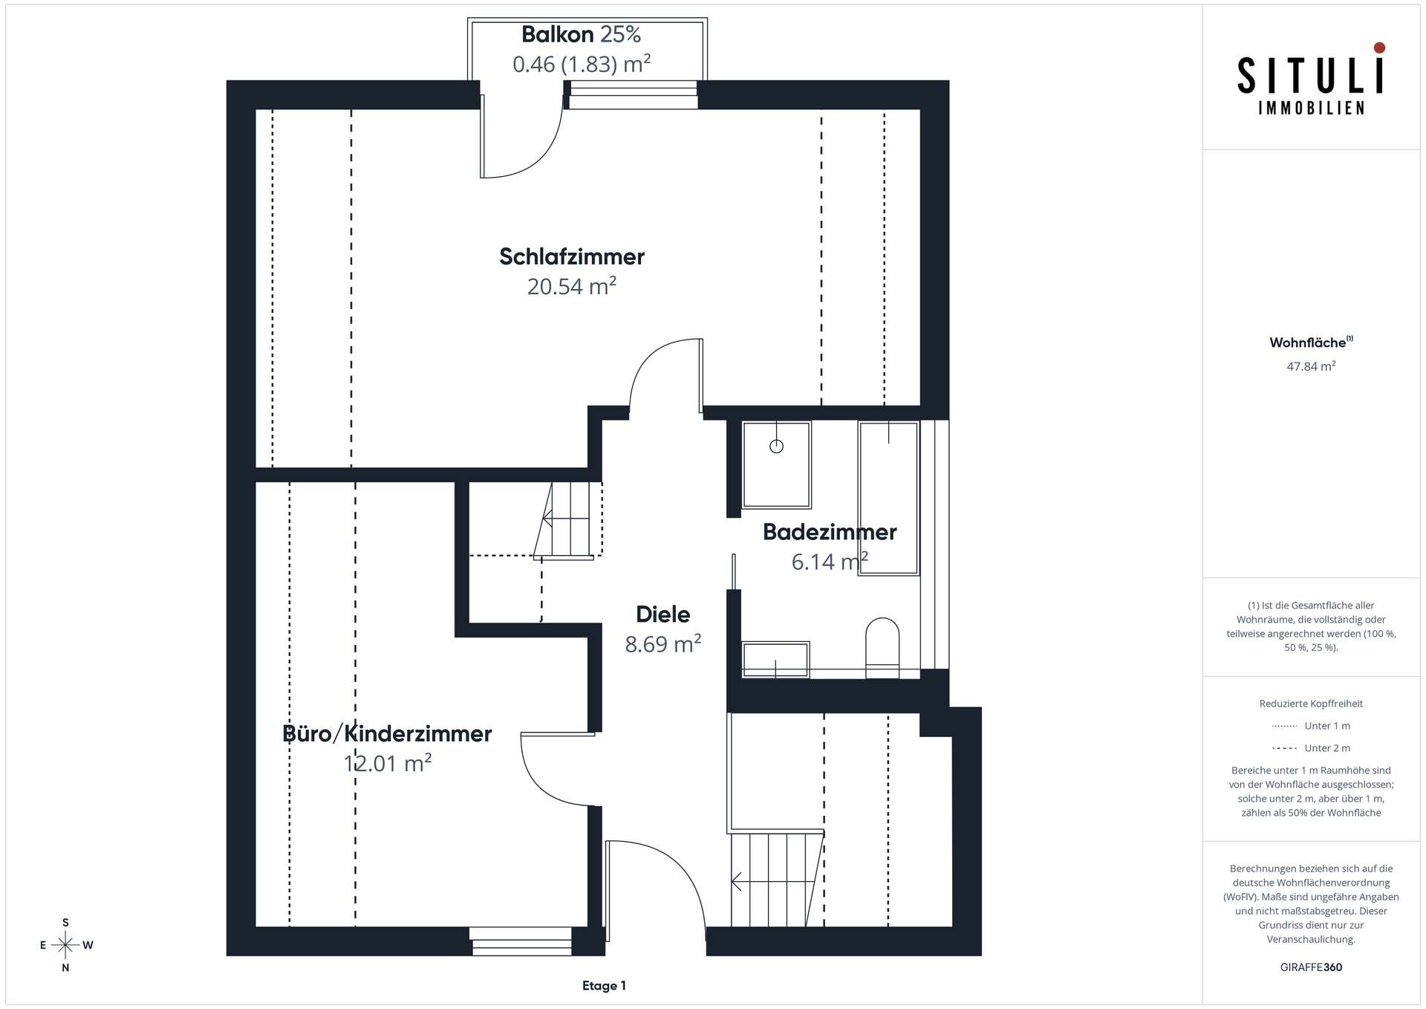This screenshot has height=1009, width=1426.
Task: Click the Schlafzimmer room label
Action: pyautogui.click(x=572, y=256)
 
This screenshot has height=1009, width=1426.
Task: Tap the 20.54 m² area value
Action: pyautogui.click(x=572, y=286)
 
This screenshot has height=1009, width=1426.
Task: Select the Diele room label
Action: pyautogui.click(x=663, y=614)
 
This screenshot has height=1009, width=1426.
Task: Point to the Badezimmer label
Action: pyautogui.click(x=830, y=532)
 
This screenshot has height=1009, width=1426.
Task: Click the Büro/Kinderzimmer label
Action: pyautogui.click(x=388, y=734)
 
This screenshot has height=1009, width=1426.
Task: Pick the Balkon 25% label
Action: pyautogui.click(x=581, y=34)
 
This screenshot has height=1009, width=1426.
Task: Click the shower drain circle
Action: pyautogui.click(x=777, y=447)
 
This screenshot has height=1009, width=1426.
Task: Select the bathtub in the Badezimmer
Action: pyautogui.click(x=889, y=498)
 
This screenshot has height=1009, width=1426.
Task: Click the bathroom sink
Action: pyautogui.click(x=776, y=659)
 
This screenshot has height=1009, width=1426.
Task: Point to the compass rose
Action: pyautogui.click(x=65, y=945)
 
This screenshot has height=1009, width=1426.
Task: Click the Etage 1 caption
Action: pyautogui.click(x=604, y=986)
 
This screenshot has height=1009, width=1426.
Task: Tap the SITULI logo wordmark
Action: pyautogui.click(x=1312, y=77)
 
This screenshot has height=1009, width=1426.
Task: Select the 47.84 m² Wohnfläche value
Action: pyautogui.click(x=1312, y=366)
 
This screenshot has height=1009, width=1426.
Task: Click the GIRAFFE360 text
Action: pyautogui.click(x=1312, y=967)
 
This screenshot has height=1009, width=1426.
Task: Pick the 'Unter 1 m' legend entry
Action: pyautogui.click(x=1312, y=726)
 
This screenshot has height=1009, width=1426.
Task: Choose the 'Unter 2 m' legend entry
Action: pyautogui.click(x=1312, y=748)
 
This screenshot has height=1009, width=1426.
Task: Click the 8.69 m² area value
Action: pyautogui.click(x=663, y=644)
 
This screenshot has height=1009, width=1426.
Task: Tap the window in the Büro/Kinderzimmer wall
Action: pyautogui.click(x=521, y=941)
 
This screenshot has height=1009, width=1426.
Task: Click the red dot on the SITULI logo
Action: pyautogui.click(x=1379, y=48)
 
